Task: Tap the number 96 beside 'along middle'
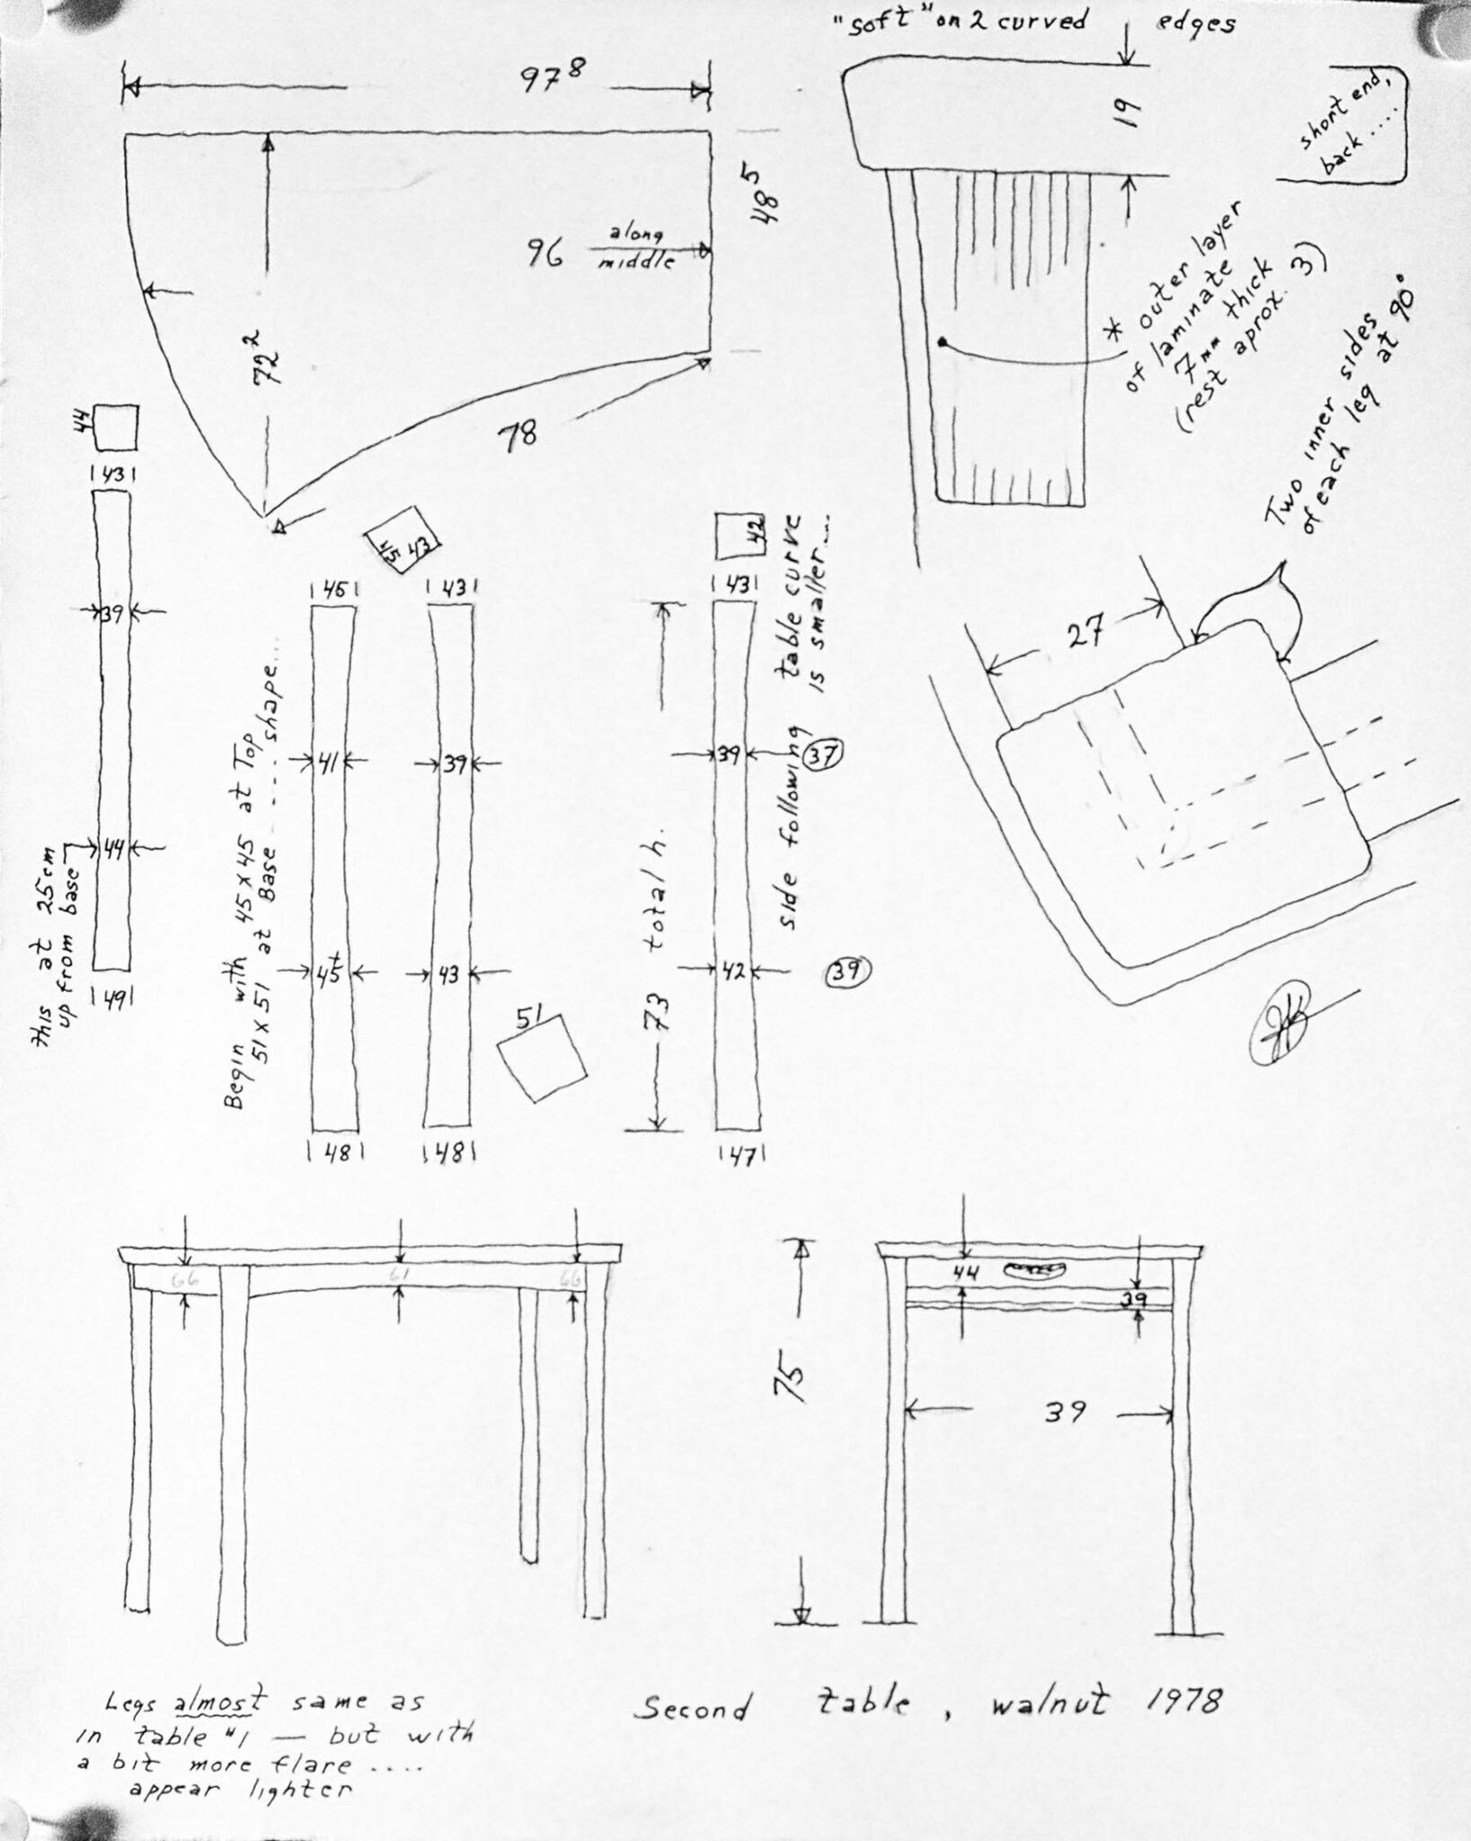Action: click(x=545, y=255)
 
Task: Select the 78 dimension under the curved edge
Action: click(x=520, y=436)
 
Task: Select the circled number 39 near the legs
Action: click(x=846, y=970)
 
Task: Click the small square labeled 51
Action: click(x=542, y=1057)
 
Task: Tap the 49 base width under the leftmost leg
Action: click(x=112, y=994)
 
